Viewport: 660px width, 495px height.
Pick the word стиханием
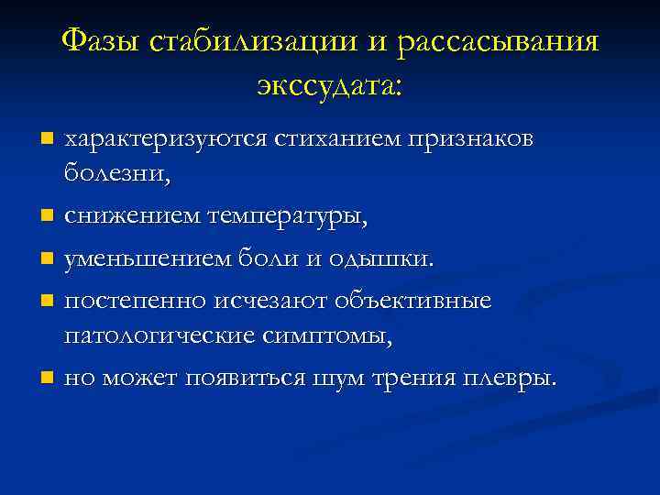pyautogui.click(x=326, y=138)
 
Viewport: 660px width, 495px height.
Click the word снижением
pyautogui.click(x=132, y=217)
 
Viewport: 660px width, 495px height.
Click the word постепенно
pyautogui.click(x=134, y=301)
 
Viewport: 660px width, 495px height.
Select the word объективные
pyautogui.click(x=412, y=301)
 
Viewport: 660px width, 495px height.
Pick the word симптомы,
pyautogui.click(x=328, y=335)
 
